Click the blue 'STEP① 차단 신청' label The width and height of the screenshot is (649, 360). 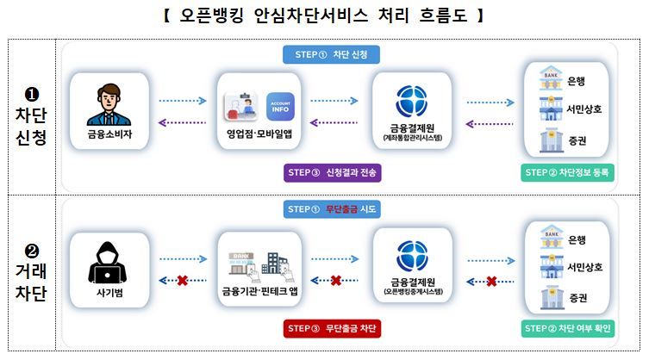[331, 54]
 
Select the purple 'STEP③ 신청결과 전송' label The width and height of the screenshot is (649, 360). [331, 172]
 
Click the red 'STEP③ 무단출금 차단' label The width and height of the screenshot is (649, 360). [331, 328]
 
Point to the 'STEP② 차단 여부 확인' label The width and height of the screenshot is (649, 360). [568, 328]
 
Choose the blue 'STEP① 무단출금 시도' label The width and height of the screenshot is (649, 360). [331, 209]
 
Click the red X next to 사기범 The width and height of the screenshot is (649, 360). [183, 281]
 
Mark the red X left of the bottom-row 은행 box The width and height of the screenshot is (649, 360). [490, 281]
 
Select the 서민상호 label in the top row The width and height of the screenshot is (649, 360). [585, 109]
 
